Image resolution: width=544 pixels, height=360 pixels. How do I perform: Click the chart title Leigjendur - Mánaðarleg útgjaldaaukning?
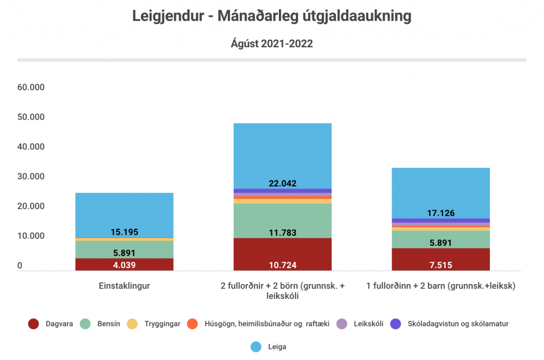(271, 16)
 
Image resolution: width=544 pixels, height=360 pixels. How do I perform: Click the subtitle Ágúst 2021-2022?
(271, 44)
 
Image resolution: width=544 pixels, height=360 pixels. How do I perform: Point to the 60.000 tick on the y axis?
(31, 87)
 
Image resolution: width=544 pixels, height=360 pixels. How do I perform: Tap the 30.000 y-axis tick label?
(31, 176)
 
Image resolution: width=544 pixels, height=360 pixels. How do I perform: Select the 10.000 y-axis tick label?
(31, 236)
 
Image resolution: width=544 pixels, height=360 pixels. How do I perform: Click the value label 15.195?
(124, 232)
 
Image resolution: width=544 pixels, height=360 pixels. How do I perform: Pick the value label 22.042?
(283, 183)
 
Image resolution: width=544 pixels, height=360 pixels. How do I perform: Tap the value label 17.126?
(441, 213)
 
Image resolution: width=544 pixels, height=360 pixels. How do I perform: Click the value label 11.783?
(283, 232)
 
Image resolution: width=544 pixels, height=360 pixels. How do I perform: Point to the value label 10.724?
(283, 265)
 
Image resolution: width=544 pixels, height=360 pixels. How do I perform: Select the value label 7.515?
(441, 265)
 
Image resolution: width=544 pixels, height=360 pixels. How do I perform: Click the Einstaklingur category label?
(124, 286)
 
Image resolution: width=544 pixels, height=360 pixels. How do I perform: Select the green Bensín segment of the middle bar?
(283, 220)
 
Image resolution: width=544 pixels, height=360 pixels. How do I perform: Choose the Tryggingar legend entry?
(154, 323)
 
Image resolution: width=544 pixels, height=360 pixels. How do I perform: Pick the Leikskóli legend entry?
(361, 323)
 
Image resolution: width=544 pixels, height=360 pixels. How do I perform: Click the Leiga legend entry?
(270, 347)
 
